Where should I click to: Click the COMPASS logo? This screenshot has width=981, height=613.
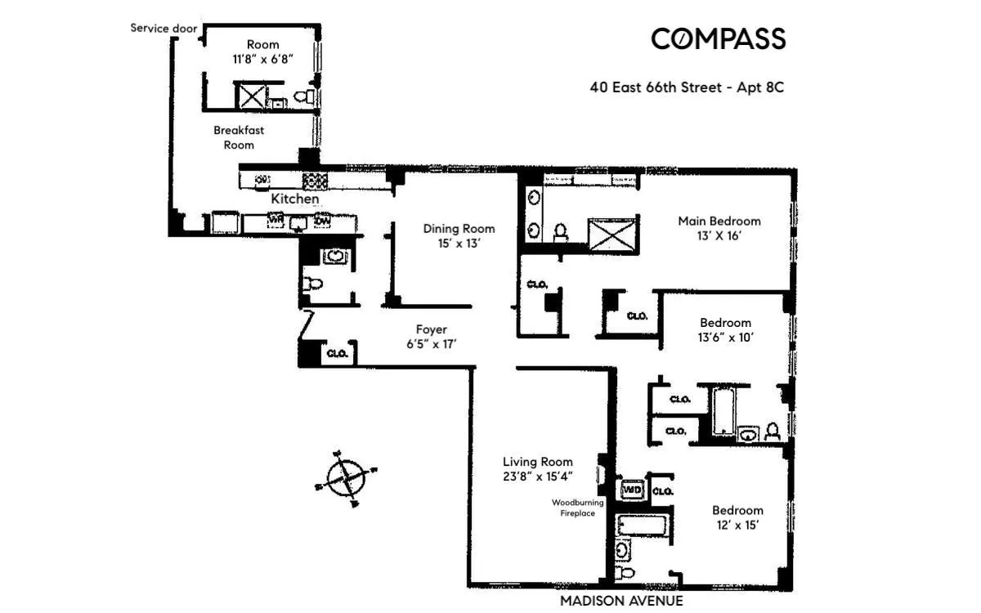[718, 38]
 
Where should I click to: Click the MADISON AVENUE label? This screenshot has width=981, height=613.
[621, 602]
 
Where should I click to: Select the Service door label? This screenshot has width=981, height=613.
[163, 28]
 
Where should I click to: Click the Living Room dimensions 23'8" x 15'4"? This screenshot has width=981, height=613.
[537, 477]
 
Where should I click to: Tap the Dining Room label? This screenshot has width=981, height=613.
[459, 229]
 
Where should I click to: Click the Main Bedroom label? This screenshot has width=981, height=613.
[719, 221]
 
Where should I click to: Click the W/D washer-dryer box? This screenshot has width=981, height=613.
[632, 490]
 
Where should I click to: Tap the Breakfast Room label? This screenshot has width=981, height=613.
[239, 137]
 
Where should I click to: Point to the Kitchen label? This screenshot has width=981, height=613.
[295, 199]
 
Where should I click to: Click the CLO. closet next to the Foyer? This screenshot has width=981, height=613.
[338, 354]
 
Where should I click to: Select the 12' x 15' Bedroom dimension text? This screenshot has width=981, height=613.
[737, 525]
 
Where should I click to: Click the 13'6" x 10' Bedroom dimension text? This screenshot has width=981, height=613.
[724, 338]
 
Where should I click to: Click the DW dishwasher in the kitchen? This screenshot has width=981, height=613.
[322, 221]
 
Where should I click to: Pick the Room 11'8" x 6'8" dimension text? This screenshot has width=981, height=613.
[263, 59]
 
